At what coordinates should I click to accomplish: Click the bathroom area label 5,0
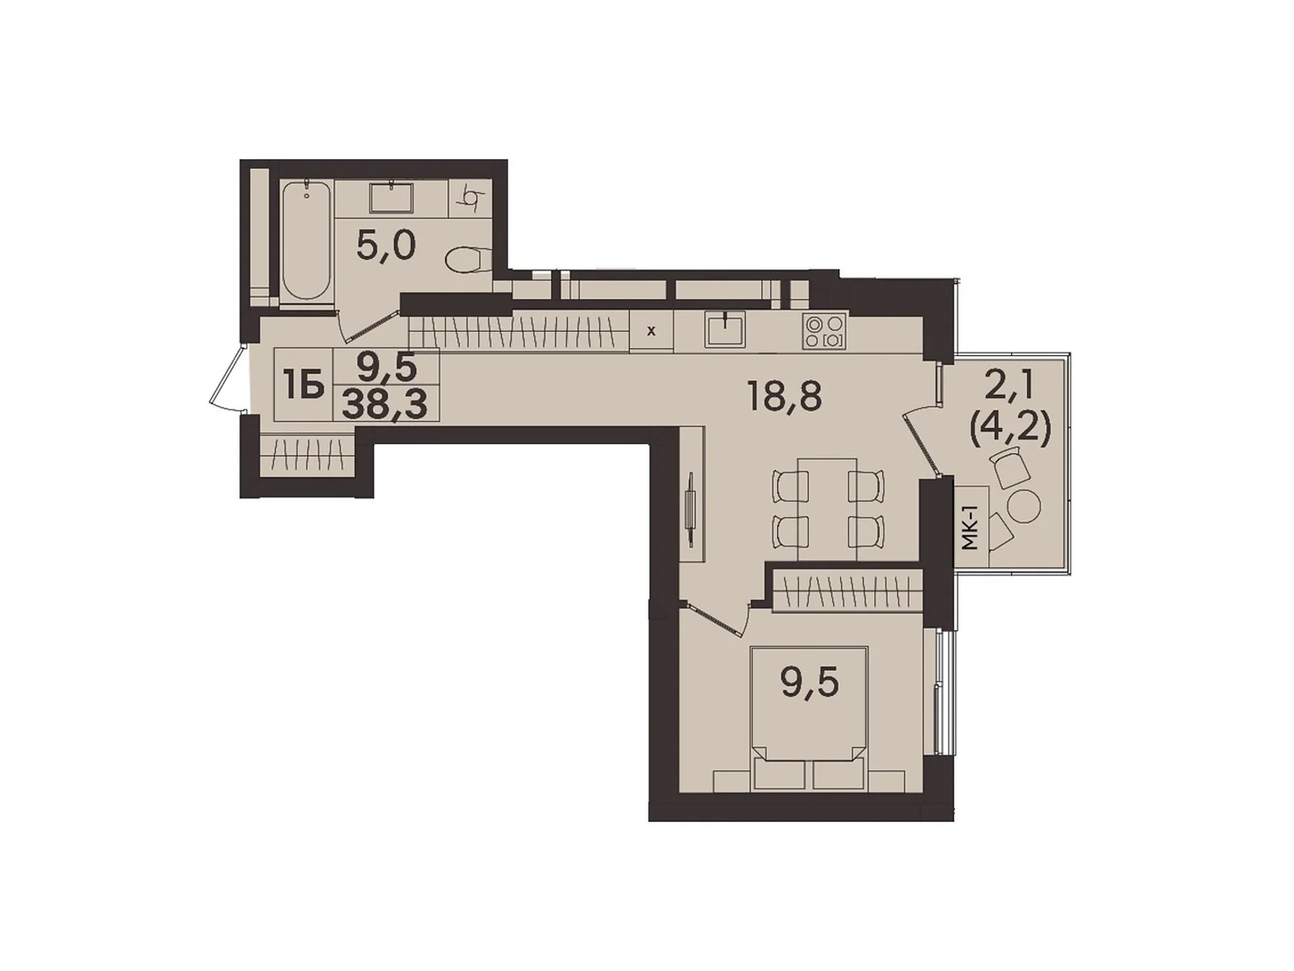point(386,244)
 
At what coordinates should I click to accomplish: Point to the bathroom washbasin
point(391,198)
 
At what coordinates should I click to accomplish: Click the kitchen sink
point(725,329)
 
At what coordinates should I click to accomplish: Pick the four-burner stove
point(824,331)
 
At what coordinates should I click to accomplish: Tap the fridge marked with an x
point(651,331)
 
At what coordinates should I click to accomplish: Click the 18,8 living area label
point(784,397)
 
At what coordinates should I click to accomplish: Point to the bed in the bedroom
point(809,712)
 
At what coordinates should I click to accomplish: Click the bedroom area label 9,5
point(810,684)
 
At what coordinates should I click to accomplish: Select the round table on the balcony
point(1024,507)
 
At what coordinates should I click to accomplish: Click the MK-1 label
point(971,528)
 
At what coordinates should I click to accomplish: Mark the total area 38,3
point(385,402)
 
